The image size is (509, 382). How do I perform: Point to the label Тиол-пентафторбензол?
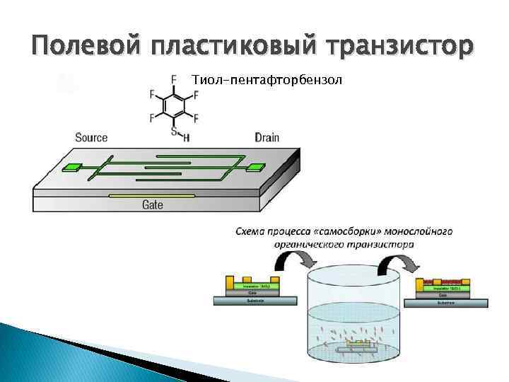click(x=267, y=79)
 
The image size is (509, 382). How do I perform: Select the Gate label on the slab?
click(x=153, y=205)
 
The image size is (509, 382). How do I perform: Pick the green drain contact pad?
click(x=254, y=168)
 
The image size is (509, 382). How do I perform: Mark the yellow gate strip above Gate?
click(x=153, y=195)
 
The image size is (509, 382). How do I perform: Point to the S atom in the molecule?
click(x=174, y=130)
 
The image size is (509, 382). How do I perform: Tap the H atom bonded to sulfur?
click(x=186, y=138)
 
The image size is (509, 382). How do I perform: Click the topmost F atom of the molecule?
click(x=174, y=78)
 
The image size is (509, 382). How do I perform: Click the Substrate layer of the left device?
click(x=255, y=301)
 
